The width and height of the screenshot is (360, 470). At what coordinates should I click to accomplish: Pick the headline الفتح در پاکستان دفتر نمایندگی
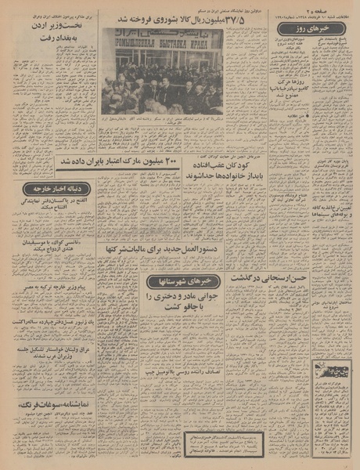point(55,205)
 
